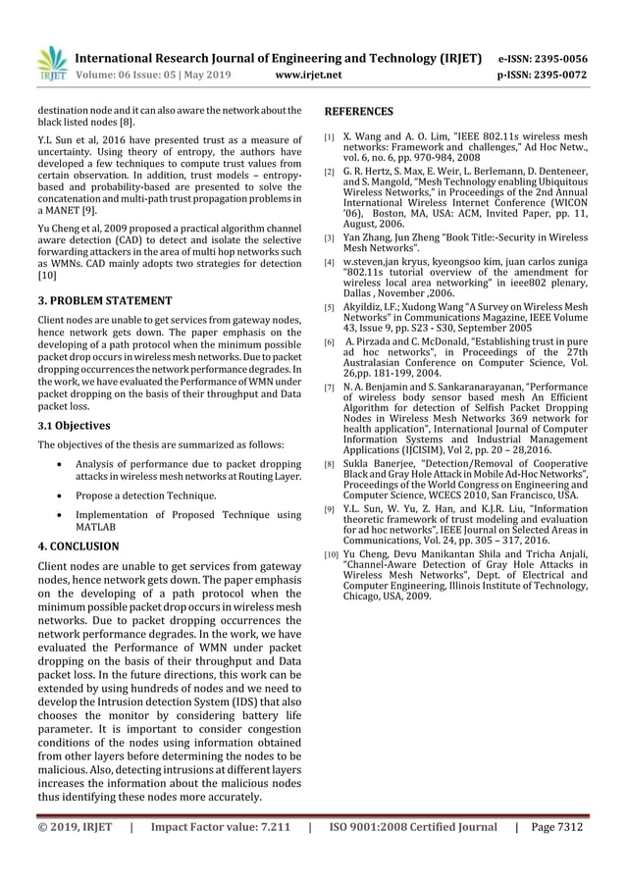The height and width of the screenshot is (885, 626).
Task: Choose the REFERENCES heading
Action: point(359,112)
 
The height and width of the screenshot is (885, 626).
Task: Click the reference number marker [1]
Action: point(332,138)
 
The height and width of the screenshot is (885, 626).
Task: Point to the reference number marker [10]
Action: point(333,556)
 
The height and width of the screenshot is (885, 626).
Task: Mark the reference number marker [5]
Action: point(332,307)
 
